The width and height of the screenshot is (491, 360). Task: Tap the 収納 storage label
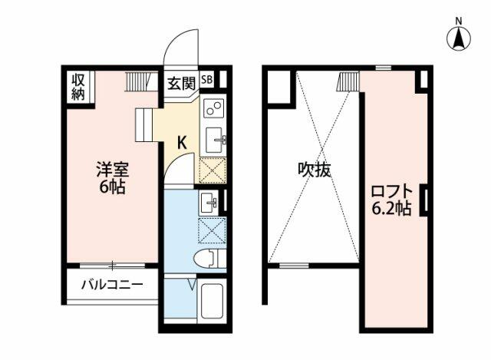coord(78,87)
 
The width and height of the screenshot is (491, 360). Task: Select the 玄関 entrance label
coord(181,84)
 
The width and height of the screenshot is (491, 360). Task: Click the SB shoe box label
coord(206,80)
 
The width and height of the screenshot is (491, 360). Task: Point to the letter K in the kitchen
coord(182,143)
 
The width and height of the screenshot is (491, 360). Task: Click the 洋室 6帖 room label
coord(113,178)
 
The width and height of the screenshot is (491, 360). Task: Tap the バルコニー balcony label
coord(112,285)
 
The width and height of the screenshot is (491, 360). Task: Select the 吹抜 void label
coord(314,170)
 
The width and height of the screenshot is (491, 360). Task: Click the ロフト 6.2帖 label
coord(391,200)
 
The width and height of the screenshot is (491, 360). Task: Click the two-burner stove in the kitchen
coord(213,108)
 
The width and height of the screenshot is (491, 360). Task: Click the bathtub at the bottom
coord(212,301)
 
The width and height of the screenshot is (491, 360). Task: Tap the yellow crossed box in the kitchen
coord(213,170)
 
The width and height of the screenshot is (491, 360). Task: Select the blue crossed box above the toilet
coord(213,230)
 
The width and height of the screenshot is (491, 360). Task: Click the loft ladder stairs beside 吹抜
coord(348,81)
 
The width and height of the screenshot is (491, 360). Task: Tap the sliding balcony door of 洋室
coord(113,266)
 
